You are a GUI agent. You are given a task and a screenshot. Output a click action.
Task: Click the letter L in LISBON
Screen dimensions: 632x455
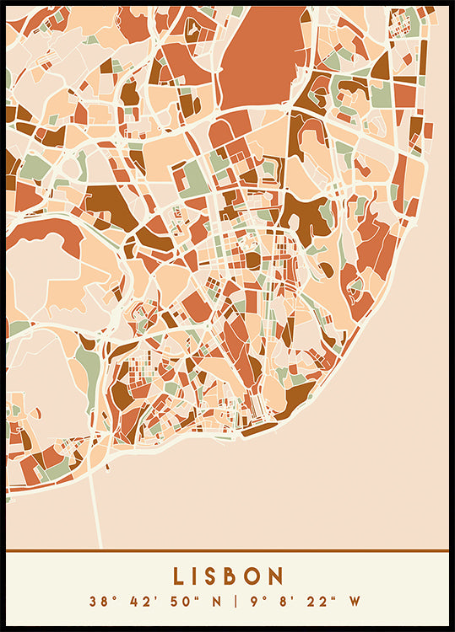(180, 576)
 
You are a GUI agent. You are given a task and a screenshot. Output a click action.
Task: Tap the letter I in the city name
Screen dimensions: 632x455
(198, 576)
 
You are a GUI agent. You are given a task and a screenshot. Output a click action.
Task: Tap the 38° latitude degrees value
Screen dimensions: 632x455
(101, 602)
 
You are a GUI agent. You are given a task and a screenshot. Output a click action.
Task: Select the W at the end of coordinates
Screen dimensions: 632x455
(355, 602)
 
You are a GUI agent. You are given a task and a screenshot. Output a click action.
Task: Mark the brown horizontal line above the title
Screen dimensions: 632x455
(227, 551)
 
